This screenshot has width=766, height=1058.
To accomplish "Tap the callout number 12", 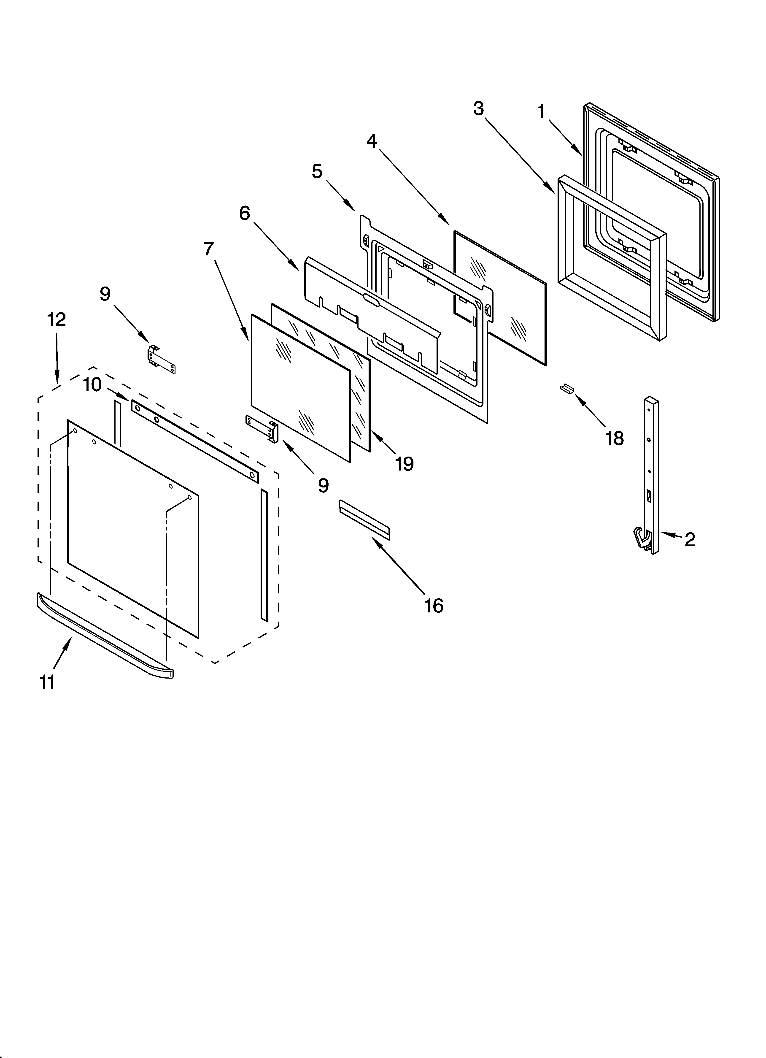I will (x=57, y=320).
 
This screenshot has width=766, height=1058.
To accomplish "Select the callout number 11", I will (x=48, y=682).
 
